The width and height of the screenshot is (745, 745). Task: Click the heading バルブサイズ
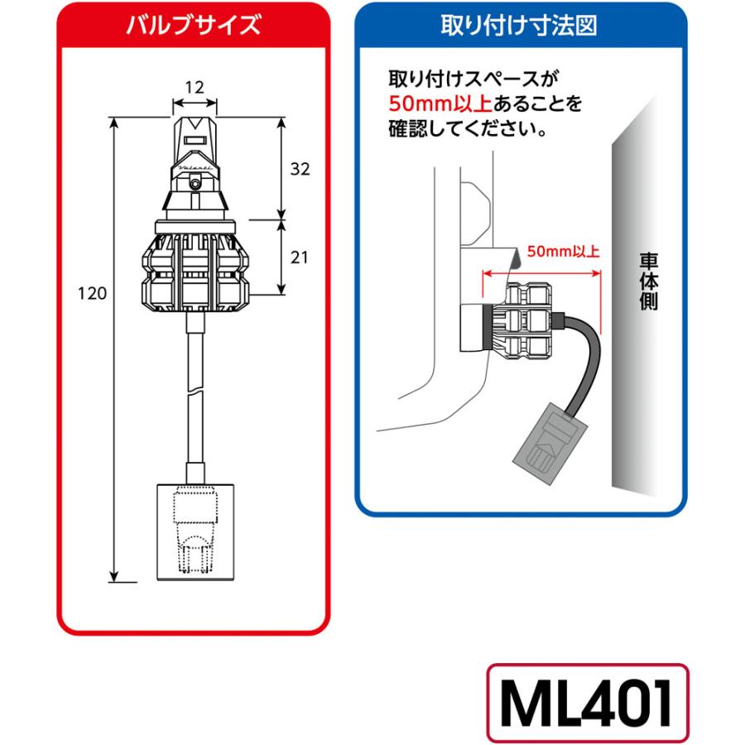tap(194, 24)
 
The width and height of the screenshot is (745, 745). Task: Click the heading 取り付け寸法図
tap(520, 24)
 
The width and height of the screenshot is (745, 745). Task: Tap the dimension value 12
tap(194, 85)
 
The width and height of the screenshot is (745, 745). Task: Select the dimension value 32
tap(300, 169)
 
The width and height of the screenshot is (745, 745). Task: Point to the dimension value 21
tap(300, 257)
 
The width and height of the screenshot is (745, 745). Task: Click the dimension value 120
tap(92, 294)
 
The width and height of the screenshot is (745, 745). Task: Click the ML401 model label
tap(587, 703)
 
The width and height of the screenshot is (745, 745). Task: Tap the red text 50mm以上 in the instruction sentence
tap(440, 104)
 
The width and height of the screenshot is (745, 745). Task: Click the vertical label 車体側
tap(648, 281)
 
